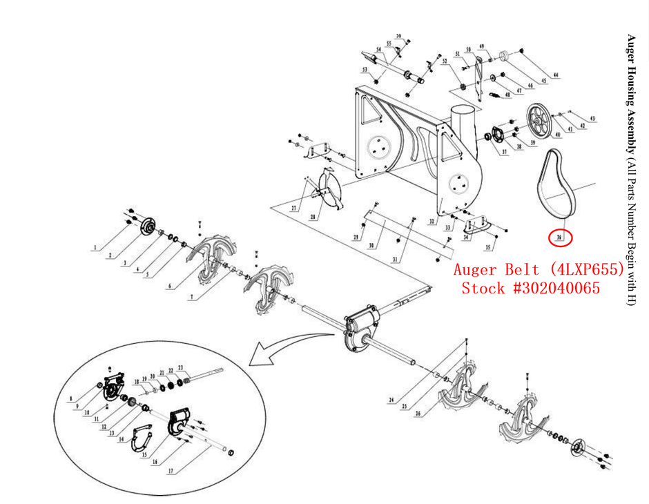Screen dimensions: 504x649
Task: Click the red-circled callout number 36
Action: pyautogui.click(x=560, y=238)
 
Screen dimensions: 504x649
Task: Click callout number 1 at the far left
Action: pyautogui.click(x=95, y=246)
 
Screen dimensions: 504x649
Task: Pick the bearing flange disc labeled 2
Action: pyautogui.click(x=147, y=226)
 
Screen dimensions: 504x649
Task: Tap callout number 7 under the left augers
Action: pyautogui.click(x=193, y=297)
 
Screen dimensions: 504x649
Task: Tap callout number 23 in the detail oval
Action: pyautogui.click(x=180, y=368)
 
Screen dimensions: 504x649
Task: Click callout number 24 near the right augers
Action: pyautogui.click(x=391, y=400)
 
